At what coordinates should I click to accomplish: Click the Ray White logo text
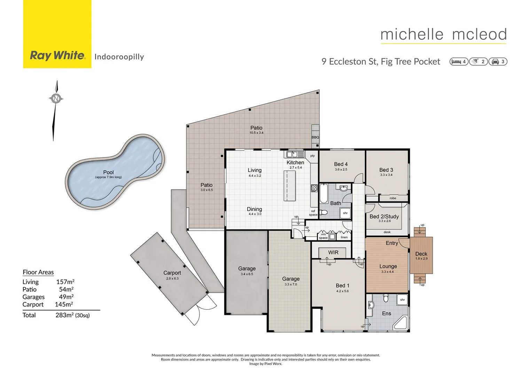point(57,56)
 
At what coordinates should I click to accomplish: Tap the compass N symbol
point(56,99)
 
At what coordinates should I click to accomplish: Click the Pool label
point(108,172)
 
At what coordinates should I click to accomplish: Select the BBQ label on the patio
point(315,137)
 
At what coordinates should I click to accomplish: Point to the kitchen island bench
point(290,186)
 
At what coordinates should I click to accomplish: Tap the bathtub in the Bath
point(323,193)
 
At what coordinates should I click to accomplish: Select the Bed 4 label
point(341,164)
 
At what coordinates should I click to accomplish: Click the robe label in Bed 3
point(393,198)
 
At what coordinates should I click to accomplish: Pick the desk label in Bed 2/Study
point(387,232)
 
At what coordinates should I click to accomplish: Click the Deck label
point(421,254)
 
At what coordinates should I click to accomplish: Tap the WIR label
point(333,252)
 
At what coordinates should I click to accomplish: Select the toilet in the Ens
point(386,298)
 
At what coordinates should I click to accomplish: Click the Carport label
point(172,273)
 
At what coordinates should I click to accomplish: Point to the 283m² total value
point(65,315)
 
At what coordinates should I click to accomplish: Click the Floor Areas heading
point(38,272)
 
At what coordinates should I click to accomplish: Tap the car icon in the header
point(495,62)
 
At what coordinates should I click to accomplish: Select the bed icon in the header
point(456,62)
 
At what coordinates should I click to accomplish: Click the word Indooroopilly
point(119,57)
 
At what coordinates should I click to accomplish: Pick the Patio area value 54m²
point(66,289)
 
